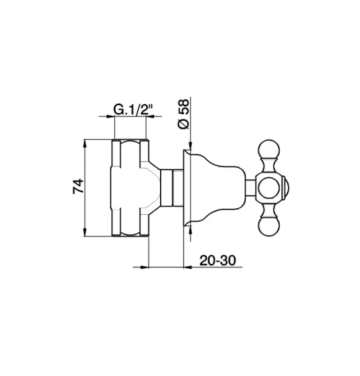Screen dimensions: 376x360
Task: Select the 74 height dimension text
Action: (78, 187)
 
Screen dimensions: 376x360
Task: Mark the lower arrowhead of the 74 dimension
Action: (85, 233)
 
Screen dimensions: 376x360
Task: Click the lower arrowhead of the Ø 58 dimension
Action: (190, 230)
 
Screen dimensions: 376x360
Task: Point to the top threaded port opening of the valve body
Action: (131, 141)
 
